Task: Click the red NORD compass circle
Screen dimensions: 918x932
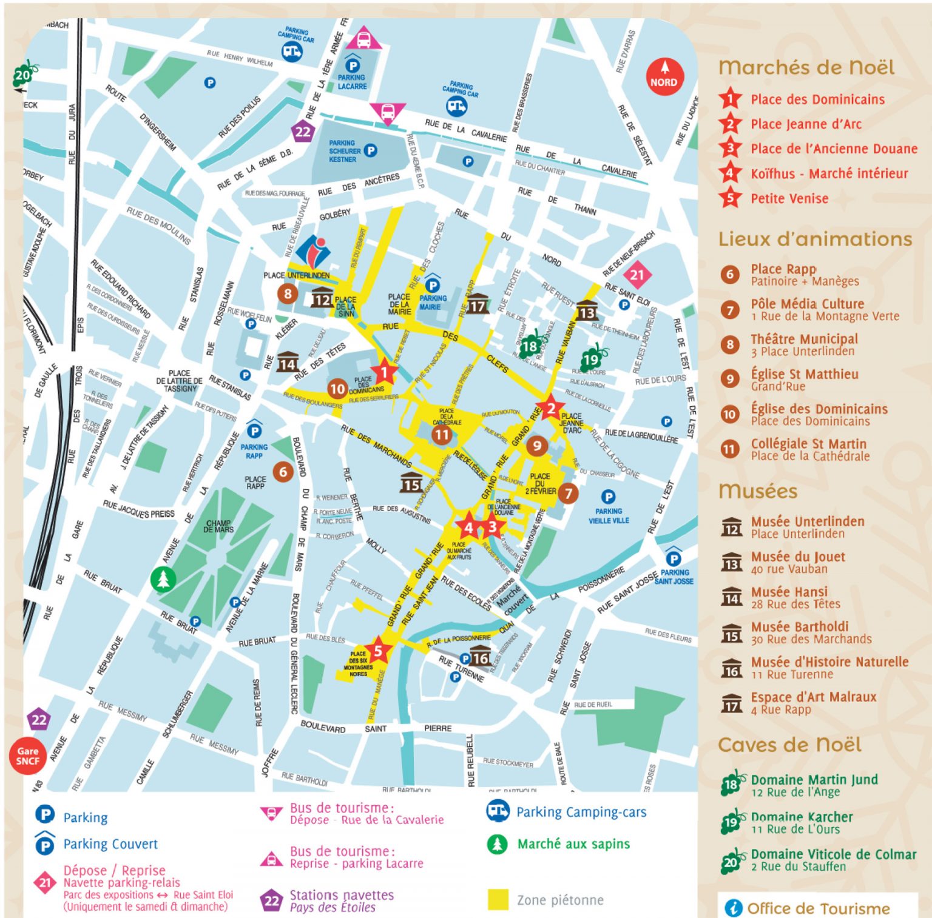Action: (x=664, y=78)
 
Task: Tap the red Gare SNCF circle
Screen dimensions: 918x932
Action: (x=27, y=756)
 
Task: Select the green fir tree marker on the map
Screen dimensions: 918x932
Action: (x=163, y=580)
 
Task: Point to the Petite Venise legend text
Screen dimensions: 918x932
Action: (x=789, y=199)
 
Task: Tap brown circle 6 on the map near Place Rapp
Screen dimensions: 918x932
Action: (x=283, y=472)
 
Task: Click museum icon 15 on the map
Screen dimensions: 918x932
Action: (x=411, y=483)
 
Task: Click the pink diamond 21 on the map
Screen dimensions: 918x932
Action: (x=637, y=275)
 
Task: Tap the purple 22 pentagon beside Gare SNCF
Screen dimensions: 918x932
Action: (x=39, y=720)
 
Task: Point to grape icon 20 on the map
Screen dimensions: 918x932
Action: (x=23, y=75)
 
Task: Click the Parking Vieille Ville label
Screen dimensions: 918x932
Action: (x=609, y=515)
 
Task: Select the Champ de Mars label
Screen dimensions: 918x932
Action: (x=218, y=526)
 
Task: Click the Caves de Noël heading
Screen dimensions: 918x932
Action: (x=789, y=745)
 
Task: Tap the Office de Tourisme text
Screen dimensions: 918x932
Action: (x=818, y=908)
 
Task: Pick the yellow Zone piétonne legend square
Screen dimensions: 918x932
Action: (x=498, y=900)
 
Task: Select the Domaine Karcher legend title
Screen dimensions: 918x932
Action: (x=802, y=817)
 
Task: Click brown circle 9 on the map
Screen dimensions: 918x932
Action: (x=536, y=446)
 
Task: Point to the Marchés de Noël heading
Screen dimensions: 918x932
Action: (x=806, y=67)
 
